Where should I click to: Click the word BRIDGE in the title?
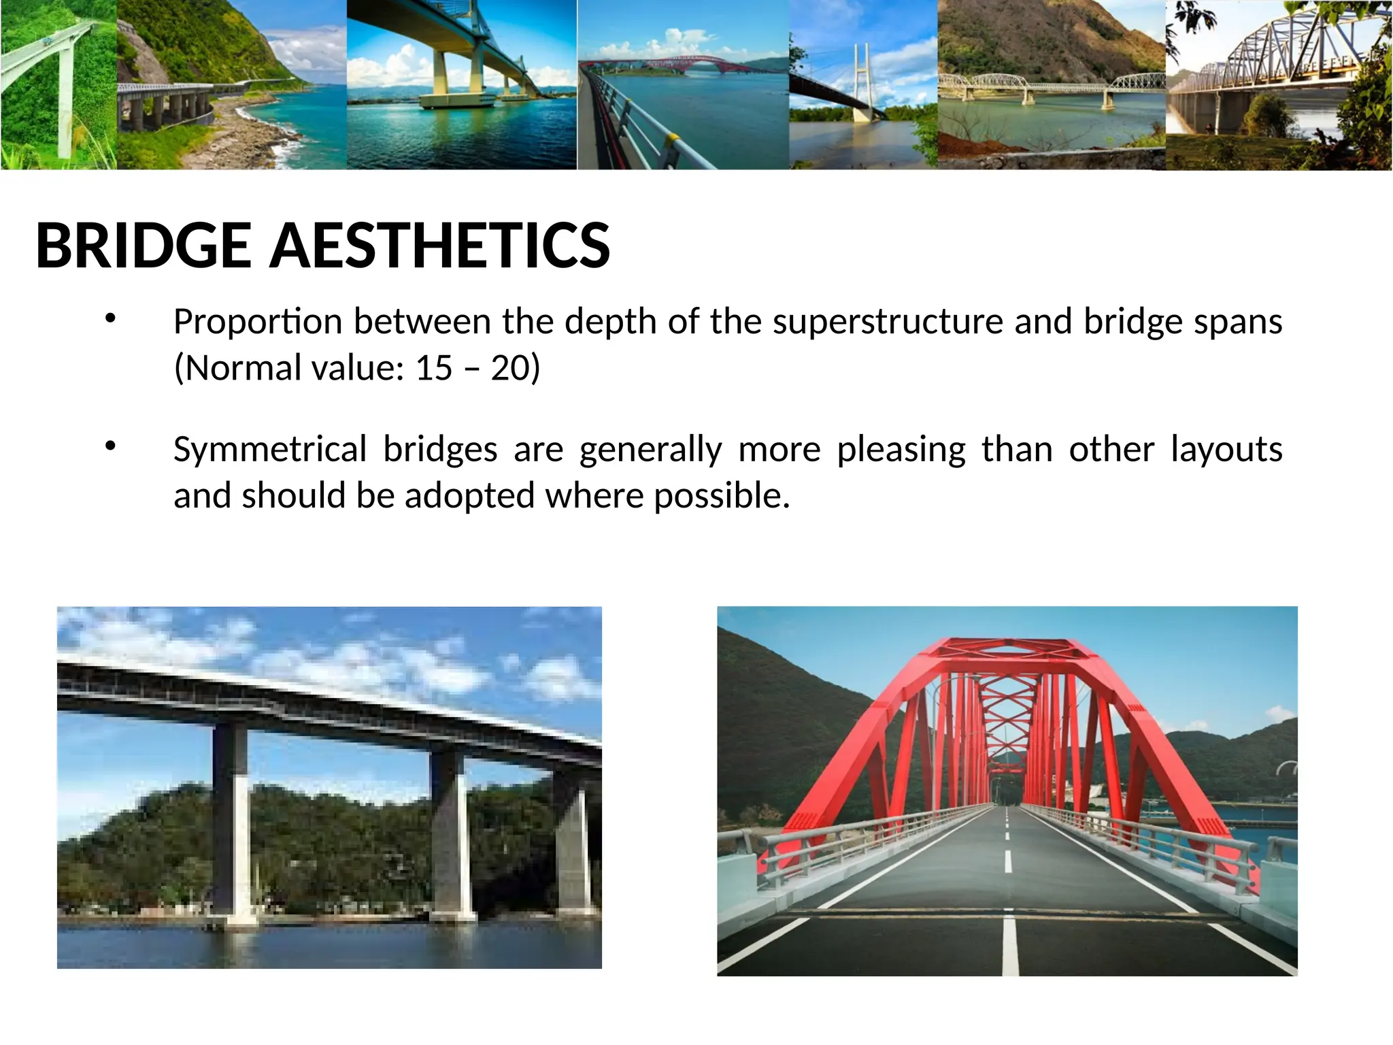[144, 246]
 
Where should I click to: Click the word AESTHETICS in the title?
[440, 246]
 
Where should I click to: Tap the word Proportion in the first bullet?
[257, 322]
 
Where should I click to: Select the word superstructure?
[888, 322]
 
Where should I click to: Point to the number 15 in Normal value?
[434, 368]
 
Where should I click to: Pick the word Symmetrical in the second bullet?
[270, 450]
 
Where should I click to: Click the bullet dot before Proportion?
[111, 318]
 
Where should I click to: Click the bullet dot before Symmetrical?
[111, 446]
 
